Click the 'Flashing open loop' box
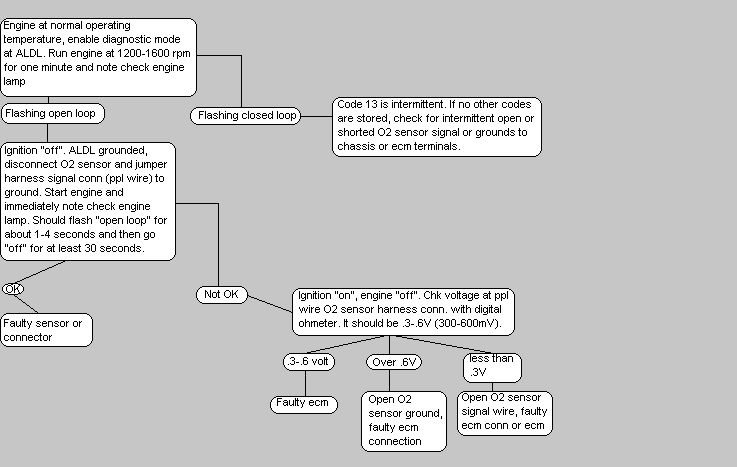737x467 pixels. click(x=52, y=113)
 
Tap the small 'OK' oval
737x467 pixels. click(x=12, y=288)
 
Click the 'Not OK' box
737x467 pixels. click(x=222, y=294)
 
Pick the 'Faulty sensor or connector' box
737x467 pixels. click(x=47, y=330)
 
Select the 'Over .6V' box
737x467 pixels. click(x=392, y=363)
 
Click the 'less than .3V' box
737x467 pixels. click(x=492, y=366)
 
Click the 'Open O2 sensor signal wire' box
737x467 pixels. click(x=505, y=411)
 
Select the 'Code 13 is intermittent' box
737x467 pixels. click(x=436, y=125)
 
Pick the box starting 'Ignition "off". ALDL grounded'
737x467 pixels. click(x=88, y=200)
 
